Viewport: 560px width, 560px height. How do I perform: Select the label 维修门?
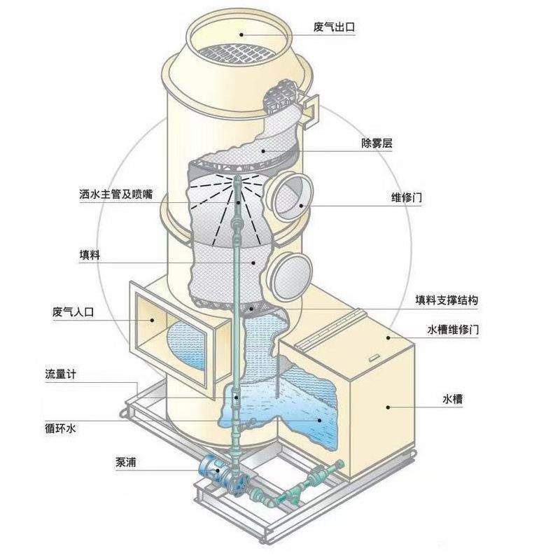pyautogui.click(x=406, y=197)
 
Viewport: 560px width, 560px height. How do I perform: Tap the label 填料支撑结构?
pyautogui.click(x=447, y=300)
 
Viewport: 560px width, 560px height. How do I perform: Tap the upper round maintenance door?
pyautogui.click(x=288, y=197)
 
